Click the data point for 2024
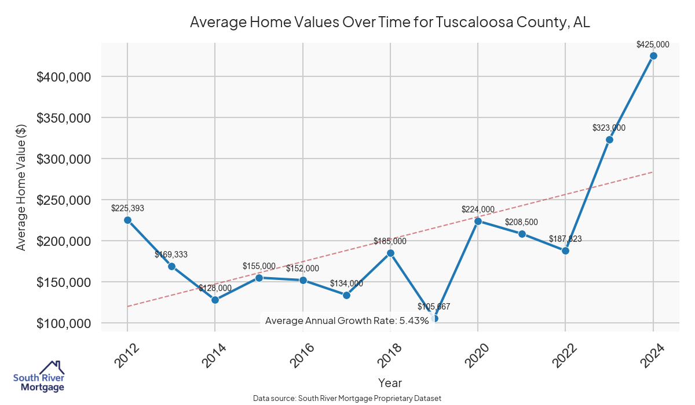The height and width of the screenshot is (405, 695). tap(653, 56)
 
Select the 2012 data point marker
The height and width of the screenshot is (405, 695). tap(127, 220)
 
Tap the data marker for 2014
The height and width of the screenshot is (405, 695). tap(215, 300)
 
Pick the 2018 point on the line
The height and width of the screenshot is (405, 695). tap(390, 253)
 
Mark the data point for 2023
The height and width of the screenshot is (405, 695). tap(609, 139)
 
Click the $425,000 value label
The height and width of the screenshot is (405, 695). tap(653, 44)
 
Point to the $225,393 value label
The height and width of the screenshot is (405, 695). tap(127, 208)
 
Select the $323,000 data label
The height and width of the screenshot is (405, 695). tap(609, 128)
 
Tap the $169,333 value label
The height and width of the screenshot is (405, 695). tap(171, 255)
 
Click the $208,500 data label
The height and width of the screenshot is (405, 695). tap(522, 222)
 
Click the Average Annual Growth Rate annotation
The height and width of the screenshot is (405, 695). tap(346, 321)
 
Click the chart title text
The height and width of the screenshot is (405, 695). tap(390, 23)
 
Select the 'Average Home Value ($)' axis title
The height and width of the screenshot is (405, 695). tap(21, 186)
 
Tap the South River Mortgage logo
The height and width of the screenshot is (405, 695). tap(39, 377)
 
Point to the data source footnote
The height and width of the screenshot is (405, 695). tap(348, 399)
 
